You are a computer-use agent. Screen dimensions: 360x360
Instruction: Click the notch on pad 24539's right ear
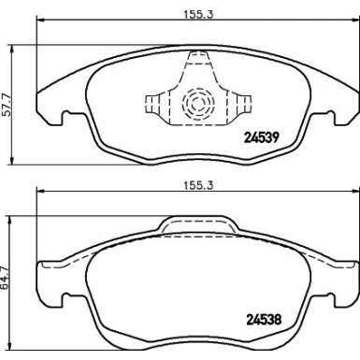click(330, 119)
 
